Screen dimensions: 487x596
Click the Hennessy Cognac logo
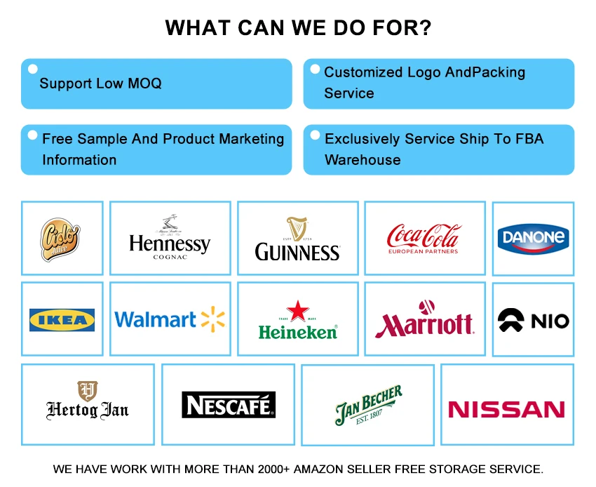[170, 239]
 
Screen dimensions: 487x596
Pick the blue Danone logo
[533, 238]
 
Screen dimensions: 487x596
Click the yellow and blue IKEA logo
[62, 320]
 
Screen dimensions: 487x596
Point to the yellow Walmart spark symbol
[212, 319]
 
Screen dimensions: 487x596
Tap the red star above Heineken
[297, 311]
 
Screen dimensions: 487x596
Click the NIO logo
[533, 321]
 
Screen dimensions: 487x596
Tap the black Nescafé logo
[228, 405]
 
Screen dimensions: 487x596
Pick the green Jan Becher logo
[368, 405]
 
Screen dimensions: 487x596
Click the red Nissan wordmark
[506, 409]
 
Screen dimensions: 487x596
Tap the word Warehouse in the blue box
[363, 160]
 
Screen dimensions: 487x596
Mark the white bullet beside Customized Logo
[313, 69]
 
